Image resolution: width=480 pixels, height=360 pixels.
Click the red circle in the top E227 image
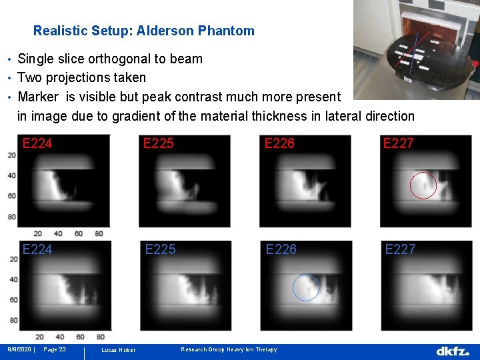click(x=423, y=185)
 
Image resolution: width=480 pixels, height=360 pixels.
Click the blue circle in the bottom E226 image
click(x=306, y=287)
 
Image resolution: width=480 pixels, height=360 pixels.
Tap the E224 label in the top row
click(x=37, y=143)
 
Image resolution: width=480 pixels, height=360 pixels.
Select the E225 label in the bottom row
click(x=161, y=249)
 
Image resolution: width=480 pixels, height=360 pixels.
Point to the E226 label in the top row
click(x=280, y=143)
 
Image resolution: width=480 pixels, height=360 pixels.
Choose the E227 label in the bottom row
click(x=400, y=249)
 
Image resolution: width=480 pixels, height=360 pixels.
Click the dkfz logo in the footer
click(x=453, y=351)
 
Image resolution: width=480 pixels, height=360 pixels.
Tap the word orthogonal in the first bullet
click(x=102, y=59)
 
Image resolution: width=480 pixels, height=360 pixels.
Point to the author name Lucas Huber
click(x=118, y=350)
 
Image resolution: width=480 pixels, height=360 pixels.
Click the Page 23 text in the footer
click(x=54, y=349)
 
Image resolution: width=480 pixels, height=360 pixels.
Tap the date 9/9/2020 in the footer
click(x=19, y=349)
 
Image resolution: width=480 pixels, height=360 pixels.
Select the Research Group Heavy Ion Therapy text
click(x=229, y=349)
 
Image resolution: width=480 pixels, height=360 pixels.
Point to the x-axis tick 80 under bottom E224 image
click(x=99, y=337)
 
